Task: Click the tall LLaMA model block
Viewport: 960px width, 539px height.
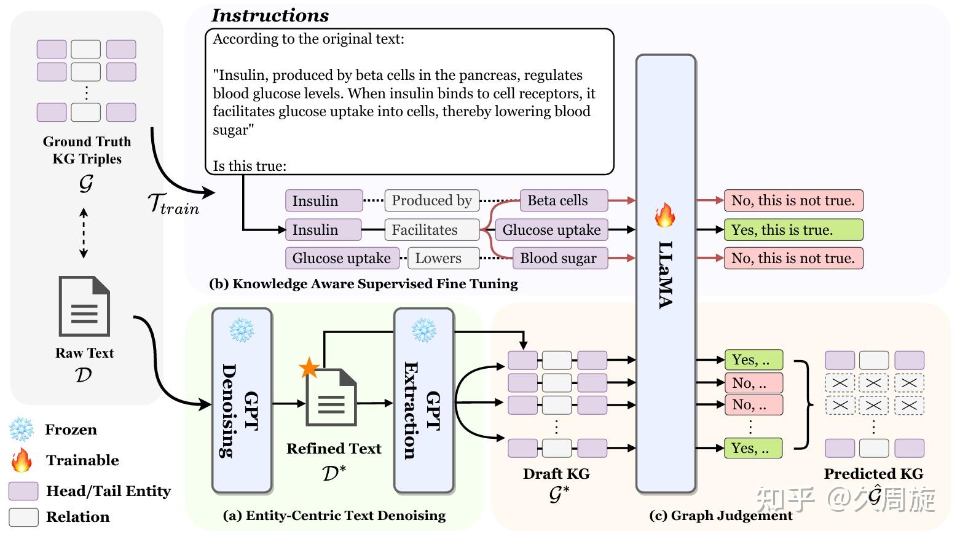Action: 666,273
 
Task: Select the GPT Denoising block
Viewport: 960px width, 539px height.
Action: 242,401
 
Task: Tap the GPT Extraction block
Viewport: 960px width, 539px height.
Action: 423,401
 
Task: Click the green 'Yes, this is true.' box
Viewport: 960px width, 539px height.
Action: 793,230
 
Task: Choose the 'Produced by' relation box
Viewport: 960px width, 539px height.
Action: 431,200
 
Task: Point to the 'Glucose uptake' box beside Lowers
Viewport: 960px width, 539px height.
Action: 341,258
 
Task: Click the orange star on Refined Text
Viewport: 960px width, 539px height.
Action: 309,368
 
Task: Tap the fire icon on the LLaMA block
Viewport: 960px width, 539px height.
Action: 665,215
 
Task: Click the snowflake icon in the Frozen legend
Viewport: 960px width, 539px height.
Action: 22,430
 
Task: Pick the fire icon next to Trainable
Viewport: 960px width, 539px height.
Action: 22,460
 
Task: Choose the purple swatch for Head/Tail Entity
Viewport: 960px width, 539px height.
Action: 23,491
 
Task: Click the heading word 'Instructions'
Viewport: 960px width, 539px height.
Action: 270,15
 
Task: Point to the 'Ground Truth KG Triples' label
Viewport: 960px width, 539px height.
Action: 87,150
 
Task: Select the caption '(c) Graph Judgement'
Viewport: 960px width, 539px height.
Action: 720,516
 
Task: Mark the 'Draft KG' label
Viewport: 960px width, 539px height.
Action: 556,474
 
